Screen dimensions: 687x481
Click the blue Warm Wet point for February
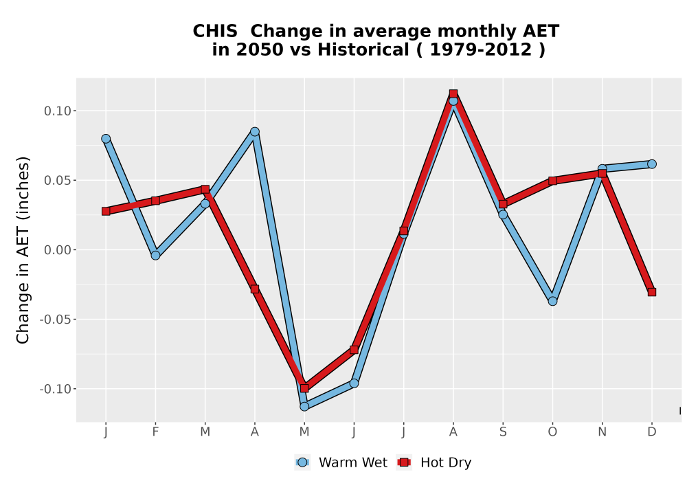(x=155, y=256)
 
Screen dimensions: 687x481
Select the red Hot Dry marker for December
(x=652, y=292)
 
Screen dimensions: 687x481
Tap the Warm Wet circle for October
(x=552, y=301)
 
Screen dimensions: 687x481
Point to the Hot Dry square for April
(x=255, y=289)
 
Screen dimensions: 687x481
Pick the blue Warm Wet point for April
(x=255, y=131)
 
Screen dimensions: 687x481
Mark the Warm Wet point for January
(x=106, y=138)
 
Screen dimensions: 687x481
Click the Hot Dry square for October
(x=552, y=181)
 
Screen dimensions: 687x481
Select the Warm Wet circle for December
(x=652, y=164)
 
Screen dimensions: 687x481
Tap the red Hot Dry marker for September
(x=503, y=203)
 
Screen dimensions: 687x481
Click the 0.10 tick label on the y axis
(x=58, y=111)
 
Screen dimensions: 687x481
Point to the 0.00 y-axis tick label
(x=58, y=250)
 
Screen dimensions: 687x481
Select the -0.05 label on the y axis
(x=55, y=320)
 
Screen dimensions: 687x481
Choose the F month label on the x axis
(x=155, y=432)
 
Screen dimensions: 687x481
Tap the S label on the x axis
(x=503, y=432)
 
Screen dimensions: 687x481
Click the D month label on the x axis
(x=652, y=432)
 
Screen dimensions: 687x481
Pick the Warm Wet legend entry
(x=341, y=462)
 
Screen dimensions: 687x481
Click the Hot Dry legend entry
(x=433, y=462)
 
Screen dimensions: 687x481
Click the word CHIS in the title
(x=215, y=32)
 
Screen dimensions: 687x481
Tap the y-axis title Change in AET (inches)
(x=23, y=250)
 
